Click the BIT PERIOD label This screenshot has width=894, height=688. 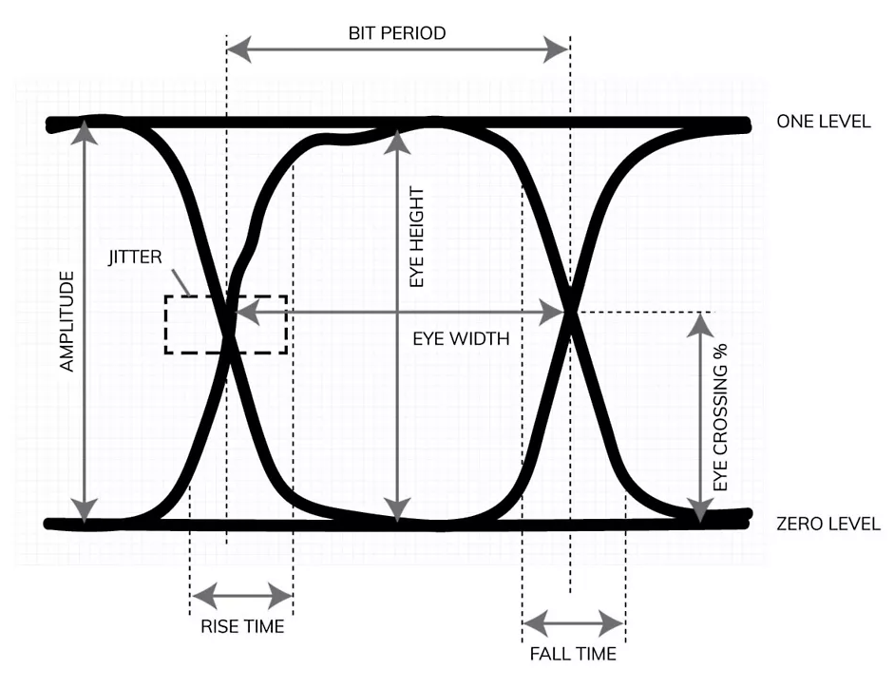point(396,32)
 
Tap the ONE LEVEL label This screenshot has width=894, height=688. point(823,122)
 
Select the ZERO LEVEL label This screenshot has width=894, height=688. point(827,524)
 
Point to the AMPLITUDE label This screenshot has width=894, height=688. point(67,321)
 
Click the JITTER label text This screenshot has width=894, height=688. point(136,257)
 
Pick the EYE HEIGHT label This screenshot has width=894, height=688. point(416,238)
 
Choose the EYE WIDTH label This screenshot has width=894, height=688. point(461,337)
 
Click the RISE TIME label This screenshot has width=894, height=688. point(241,626)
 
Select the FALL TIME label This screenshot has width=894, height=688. point(573,653)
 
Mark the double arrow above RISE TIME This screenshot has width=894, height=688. point(241,597)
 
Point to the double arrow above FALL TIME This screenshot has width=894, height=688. point(573,624)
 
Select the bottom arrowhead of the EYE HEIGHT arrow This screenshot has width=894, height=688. point(397,512)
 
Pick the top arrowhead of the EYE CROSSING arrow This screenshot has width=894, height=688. point(700,322)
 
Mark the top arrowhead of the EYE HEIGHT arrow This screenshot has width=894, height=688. point(397,139)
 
